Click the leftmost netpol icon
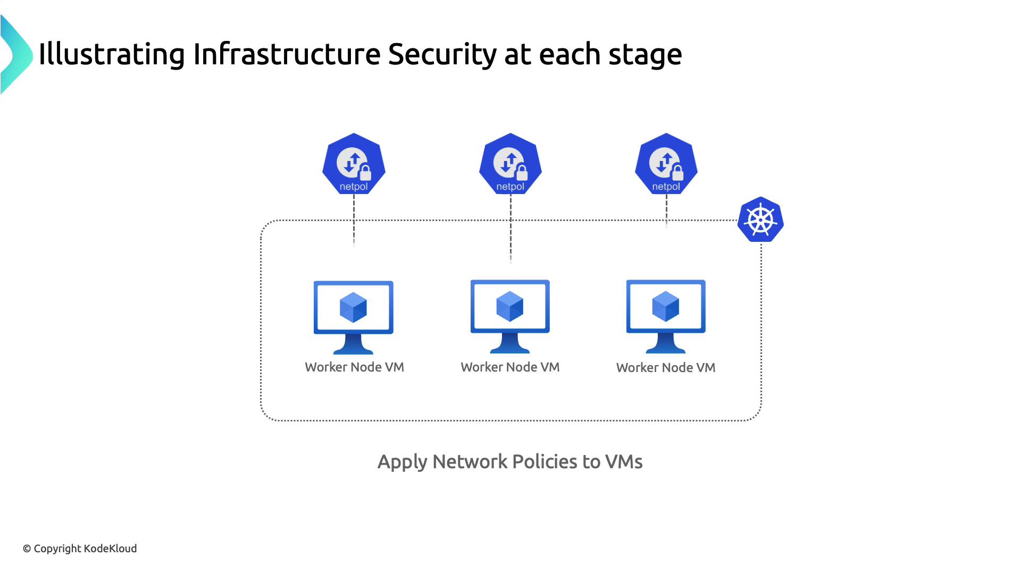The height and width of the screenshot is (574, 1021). [354, 164]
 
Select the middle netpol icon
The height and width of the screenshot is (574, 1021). [510, 164]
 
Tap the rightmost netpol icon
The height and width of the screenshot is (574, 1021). [666, 164]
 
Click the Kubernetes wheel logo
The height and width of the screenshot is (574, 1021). [760, 220]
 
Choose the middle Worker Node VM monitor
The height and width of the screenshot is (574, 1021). [510, 316]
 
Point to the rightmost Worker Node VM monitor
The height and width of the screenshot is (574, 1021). [666, 316]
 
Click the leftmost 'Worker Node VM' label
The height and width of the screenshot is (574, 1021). [354, 367]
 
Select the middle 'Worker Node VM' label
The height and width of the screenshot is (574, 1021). [510, 367]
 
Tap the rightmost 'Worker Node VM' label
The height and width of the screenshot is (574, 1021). [666, 368]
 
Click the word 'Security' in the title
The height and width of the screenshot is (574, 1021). [442, 55]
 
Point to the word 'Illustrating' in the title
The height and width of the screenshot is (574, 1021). [112, 55]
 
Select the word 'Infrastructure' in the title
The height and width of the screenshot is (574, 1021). [287, 55]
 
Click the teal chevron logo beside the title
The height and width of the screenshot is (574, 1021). [16, 55]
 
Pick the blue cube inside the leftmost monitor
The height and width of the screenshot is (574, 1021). [353, 307]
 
